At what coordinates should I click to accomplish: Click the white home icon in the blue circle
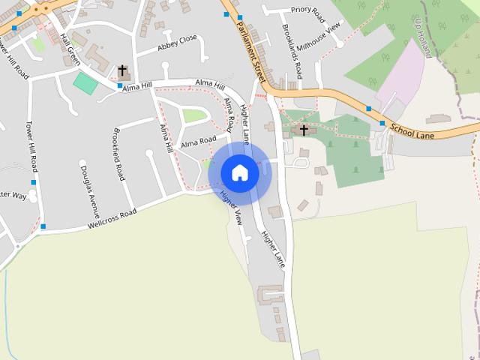[x=239, y=172]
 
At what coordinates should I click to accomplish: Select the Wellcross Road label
[x=112, y=218]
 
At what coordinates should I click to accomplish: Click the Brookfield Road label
[x=118, y=154]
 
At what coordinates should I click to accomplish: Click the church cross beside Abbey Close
[x=122, y=71]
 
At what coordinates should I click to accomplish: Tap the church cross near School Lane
[x=304, y=130]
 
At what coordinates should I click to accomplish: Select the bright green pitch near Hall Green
[x=85, y=83]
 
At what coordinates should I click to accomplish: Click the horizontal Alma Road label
[x=198, y=141]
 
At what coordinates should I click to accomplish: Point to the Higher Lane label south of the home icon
[x=273, y=248]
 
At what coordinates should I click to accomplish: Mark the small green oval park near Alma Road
[x=194, y=115]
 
